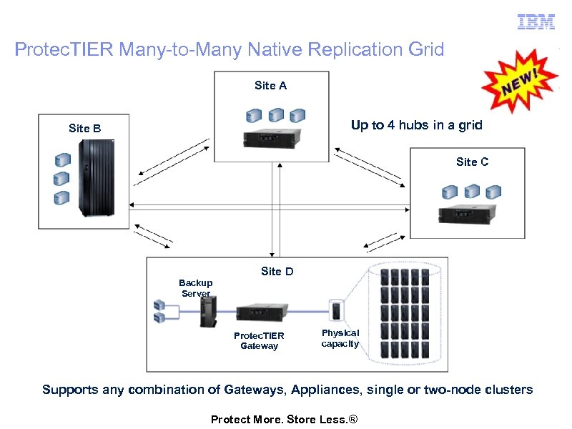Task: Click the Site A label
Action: [x=270, y=86]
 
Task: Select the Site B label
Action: [x=84, y=129]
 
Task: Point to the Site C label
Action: [x=472, y=162]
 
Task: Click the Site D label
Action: [x=277, y=272]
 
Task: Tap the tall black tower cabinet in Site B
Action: [x=96, y=178]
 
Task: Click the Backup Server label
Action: [x=195, y=288]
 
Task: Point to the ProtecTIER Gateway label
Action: [x=259, y=341]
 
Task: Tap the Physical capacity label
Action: [x=340, y=338]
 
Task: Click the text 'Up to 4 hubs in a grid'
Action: [x=416, y=125]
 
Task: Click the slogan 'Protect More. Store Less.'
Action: [x=283, y=419]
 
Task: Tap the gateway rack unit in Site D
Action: [x=262, y=312]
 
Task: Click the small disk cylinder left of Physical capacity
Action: [x=336, y=311]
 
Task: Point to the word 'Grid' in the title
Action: [x=426, y=50]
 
